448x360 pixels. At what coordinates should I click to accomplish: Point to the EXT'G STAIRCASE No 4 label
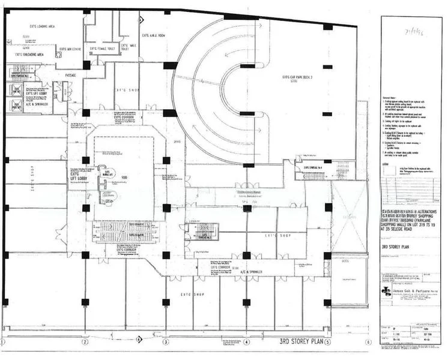(317, 167)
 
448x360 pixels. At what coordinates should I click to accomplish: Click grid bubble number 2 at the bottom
(85, 343)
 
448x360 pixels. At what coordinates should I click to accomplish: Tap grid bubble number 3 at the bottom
(166, 343)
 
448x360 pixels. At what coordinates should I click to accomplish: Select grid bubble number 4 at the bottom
(246, 343)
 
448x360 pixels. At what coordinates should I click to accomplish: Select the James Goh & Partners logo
(386, 291)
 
